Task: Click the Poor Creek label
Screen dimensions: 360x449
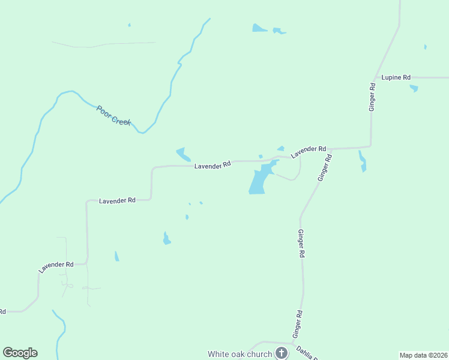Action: pyautogui.click(x=113, y=115)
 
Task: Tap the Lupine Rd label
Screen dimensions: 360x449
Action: pyautogui.click(x=396, y=77)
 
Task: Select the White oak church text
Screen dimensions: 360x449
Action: pyautogui.click(x=240, y=354)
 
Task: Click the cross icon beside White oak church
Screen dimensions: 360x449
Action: pyautogui.click(x=282, y=353)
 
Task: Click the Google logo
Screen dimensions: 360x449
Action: pyautogui.click(x=20, y=353)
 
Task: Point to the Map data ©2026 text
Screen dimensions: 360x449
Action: pyautogui.click(x=423, y=355)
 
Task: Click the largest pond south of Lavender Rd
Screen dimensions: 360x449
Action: pyautogui.click(x=259, y=180)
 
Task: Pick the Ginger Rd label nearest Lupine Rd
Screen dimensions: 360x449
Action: pyautogui.click(x=372, y=96)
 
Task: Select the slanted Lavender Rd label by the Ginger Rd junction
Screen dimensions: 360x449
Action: pyautogui.click(x=309, y=152)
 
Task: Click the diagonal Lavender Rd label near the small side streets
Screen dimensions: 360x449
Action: pyautogui.click(x=56, y=267)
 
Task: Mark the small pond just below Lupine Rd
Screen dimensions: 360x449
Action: pyautogui.click(x=414, y=88)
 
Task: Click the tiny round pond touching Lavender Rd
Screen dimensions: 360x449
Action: pyautogui.click(x=261, y=157)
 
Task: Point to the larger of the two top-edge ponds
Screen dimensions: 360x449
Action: pyautogui.click(x=259, y=28)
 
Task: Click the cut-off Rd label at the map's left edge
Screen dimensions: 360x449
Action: pyautogui.click(x=2, y=311)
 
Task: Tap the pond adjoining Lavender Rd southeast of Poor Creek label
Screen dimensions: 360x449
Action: pyautogui.click(x=182, y=154)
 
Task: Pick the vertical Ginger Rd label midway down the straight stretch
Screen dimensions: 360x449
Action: pyautogui.click(x=301, y=243)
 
